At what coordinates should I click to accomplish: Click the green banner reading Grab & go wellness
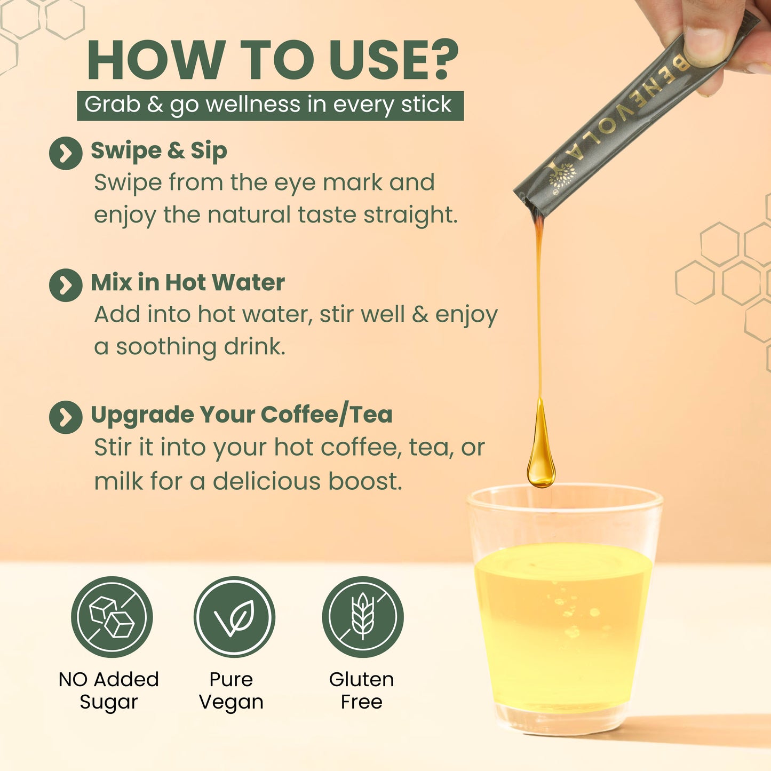click(x=270, y=105)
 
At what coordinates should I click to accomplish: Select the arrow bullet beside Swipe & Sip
click(x=66, y=153)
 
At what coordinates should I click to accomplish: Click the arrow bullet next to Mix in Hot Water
click(x=66, y=285)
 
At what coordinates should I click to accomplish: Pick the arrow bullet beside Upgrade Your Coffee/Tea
click(x=66, y=417)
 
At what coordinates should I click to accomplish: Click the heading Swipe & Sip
click(x=159, y=151)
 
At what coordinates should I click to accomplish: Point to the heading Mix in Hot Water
click(x=188, y=283)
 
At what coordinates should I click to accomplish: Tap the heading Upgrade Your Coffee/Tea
click(x=241, y=415)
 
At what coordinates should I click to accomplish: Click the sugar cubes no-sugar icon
click(x=112, y=617)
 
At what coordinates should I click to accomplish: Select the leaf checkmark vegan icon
click(x=234, y=617)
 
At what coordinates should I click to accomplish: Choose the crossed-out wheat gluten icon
click(x=363, y=617)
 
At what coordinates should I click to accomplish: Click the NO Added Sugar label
click(x=109, y=690)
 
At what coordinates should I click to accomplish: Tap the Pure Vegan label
click(x=231, y=690)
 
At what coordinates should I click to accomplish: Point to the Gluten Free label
click(x=362, y=690)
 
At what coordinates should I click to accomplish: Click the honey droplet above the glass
click(x=541, y=454)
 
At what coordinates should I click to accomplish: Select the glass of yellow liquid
click(x=563, y=614)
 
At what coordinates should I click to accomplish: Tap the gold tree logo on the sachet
click(x=562, y=174)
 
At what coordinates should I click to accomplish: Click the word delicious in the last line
click(x=266, y=481)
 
